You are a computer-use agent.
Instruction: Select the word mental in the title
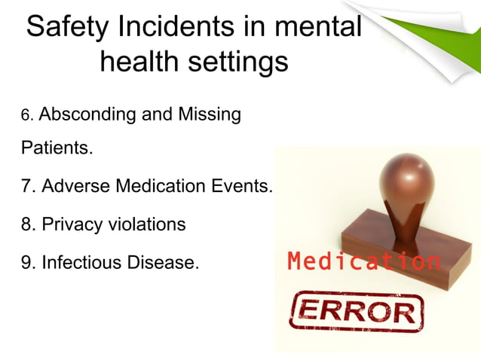click(317, 28)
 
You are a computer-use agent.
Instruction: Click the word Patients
click(56, 148)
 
